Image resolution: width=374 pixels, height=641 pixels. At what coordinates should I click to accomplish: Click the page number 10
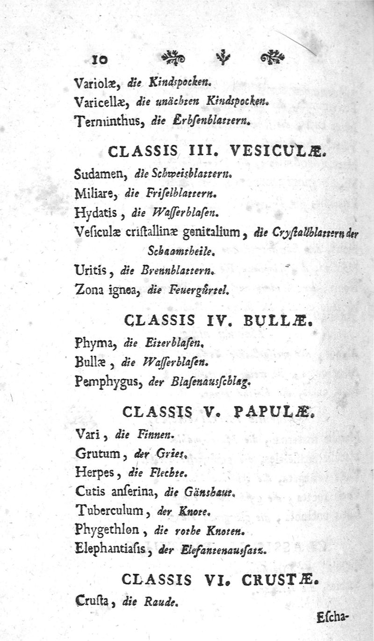(100, 59)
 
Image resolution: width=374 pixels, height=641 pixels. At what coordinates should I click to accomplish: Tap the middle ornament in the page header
(223, 58)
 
